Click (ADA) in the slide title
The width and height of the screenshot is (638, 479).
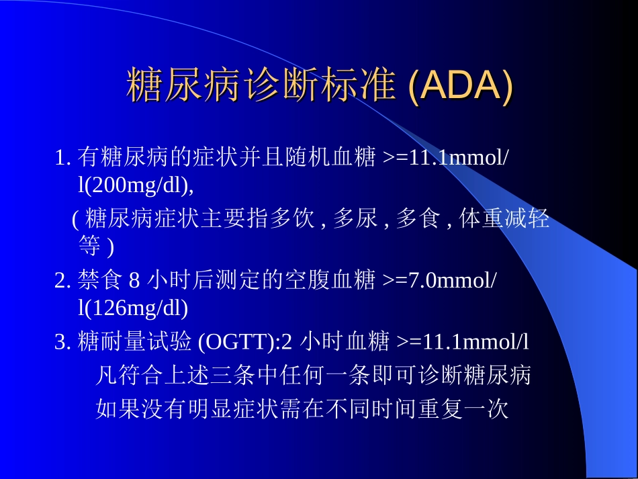pyautogui.click(x=460, y=87)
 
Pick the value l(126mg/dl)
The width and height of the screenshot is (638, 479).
pyautogui.click(x=133, y=308)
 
